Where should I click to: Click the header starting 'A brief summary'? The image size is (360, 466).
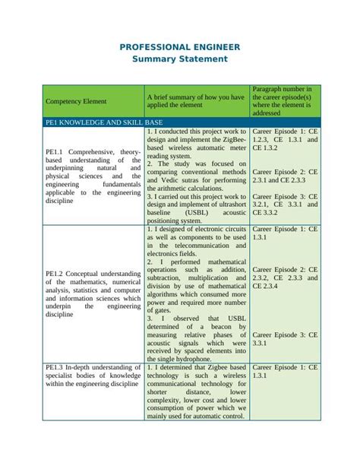(x=195, y=101)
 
